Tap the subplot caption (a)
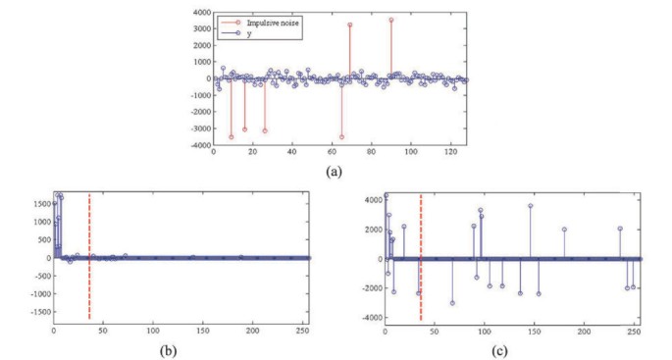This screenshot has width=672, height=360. (x=336, y=169)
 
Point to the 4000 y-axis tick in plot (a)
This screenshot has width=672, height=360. (x=199, y=13)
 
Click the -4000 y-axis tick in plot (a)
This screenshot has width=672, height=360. (x=197, y=144)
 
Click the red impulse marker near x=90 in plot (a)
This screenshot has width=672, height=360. (x=390, y=20)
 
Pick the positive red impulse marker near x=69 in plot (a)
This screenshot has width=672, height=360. (x=350, y=25)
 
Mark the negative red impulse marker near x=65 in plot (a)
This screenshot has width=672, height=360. (x=341, y=136)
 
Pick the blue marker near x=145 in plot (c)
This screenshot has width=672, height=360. (x=530, y=206)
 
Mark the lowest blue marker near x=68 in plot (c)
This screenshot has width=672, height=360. (x=453, y=303)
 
